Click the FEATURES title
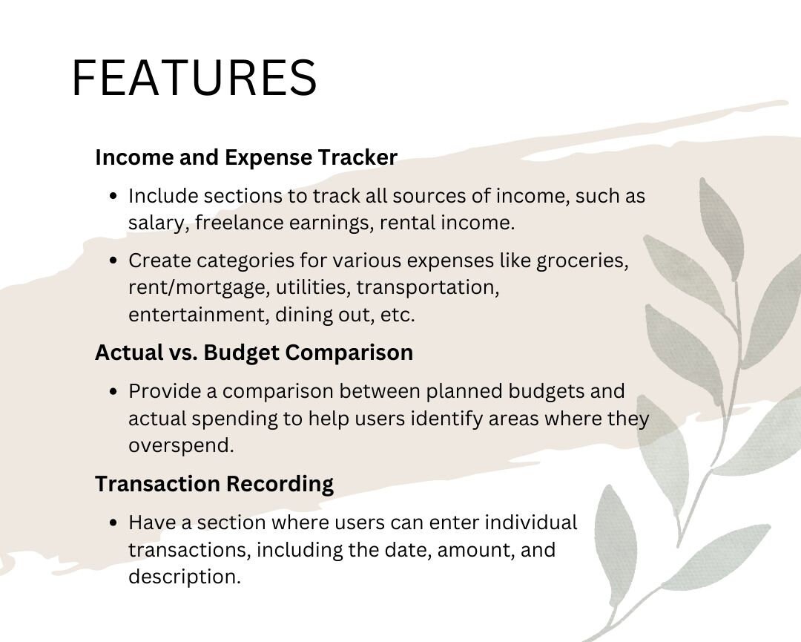coord(194,78)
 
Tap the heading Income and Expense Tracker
coord(246,157)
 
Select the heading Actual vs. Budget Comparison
coord(254,353)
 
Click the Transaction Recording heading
coord(214,484)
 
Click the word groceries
coord(582,261)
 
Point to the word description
coord(184,577)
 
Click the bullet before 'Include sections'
coord(113,197)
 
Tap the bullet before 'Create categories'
coord(113,261)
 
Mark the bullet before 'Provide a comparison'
coord(113,392)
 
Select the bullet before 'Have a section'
coord(113,523)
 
